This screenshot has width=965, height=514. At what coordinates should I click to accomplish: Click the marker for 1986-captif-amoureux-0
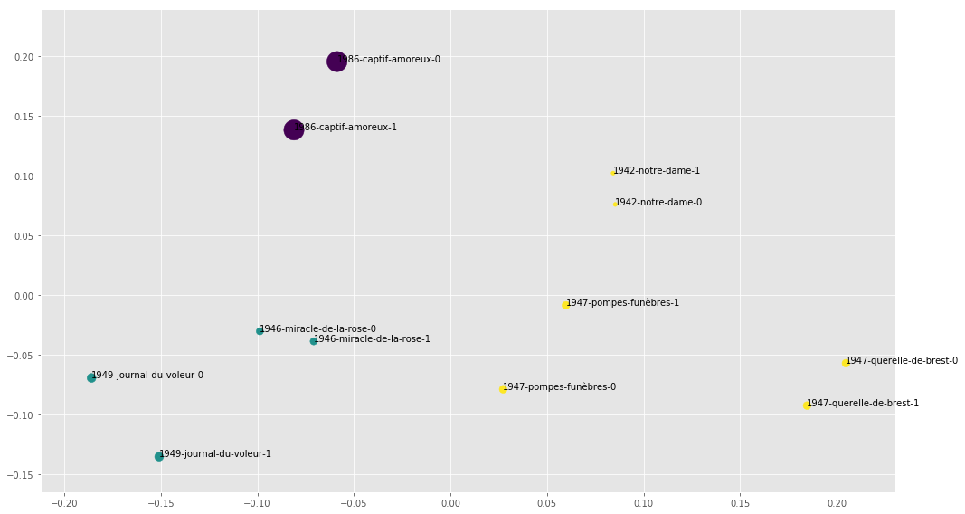pos(336,62)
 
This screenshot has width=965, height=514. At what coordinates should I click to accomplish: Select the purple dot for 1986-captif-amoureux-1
pos(293,129)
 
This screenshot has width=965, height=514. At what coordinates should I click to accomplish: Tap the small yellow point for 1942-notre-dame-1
pos(613,172)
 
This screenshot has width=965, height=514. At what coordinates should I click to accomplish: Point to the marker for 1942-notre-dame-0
pos(615,204)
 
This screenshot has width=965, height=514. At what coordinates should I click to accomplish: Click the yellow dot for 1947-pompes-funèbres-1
pos(565,305)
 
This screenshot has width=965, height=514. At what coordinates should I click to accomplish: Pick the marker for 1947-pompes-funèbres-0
pos(503,388)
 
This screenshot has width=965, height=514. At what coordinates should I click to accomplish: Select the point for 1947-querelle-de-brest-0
pos(846,363)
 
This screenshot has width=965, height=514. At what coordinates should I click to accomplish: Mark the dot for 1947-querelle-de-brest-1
pos(806,405)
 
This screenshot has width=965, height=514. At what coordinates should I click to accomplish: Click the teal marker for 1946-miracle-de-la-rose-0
pos(260,331)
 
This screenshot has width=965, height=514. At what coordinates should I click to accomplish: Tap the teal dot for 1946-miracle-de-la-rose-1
pos(314,341)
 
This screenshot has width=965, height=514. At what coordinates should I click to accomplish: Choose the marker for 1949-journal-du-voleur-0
pos(91,377)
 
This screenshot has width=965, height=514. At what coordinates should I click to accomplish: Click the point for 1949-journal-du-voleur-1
pos(159,456)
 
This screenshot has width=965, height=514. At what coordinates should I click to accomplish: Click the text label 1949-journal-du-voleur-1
pos(215,454)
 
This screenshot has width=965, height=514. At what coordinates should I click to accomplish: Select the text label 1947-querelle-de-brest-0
pos(902,361)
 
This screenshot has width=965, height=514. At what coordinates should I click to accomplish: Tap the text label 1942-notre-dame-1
pos(657,171)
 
